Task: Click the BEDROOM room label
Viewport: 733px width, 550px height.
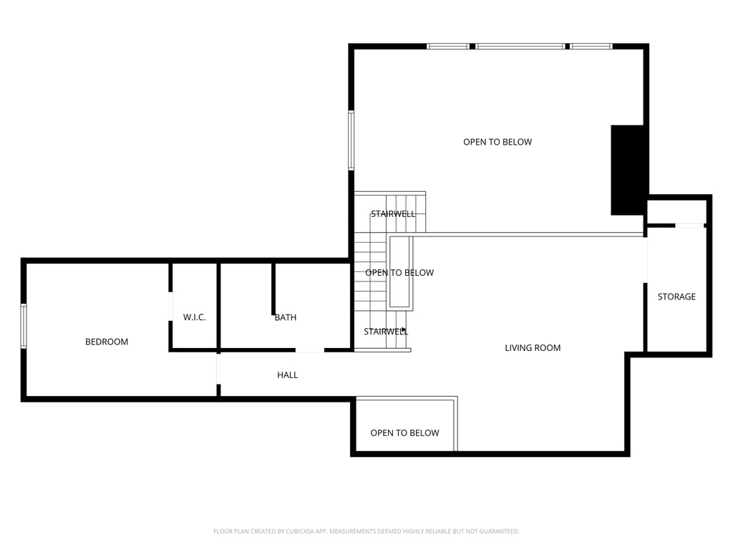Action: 107,342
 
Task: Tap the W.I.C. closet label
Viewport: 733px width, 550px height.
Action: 194,317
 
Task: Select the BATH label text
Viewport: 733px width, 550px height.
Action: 285,317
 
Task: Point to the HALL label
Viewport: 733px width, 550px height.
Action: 287,375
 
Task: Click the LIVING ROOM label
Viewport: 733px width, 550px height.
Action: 533,348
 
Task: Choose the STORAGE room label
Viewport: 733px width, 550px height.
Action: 676,296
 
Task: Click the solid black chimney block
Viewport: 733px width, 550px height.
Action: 627,170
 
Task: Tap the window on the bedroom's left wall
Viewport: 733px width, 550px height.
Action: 24,326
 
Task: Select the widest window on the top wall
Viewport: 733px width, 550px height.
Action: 520,47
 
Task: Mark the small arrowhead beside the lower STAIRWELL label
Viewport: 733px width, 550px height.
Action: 404,329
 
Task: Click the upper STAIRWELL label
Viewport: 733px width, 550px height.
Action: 393,213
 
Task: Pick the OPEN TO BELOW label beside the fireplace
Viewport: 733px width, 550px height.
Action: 497,142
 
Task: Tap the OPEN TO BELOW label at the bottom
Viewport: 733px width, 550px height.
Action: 404,433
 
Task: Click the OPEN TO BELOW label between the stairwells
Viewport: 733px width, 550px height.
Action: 399,273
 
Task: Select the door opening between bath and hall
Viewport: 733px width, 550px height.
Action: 309,350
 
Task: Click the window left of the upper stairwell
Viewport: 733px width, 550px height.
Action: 351,140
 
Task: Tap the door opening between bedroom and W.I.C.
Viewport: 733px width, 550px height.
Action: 170,307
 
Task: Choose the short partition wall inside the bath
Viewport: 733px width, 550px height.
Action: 273,289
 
